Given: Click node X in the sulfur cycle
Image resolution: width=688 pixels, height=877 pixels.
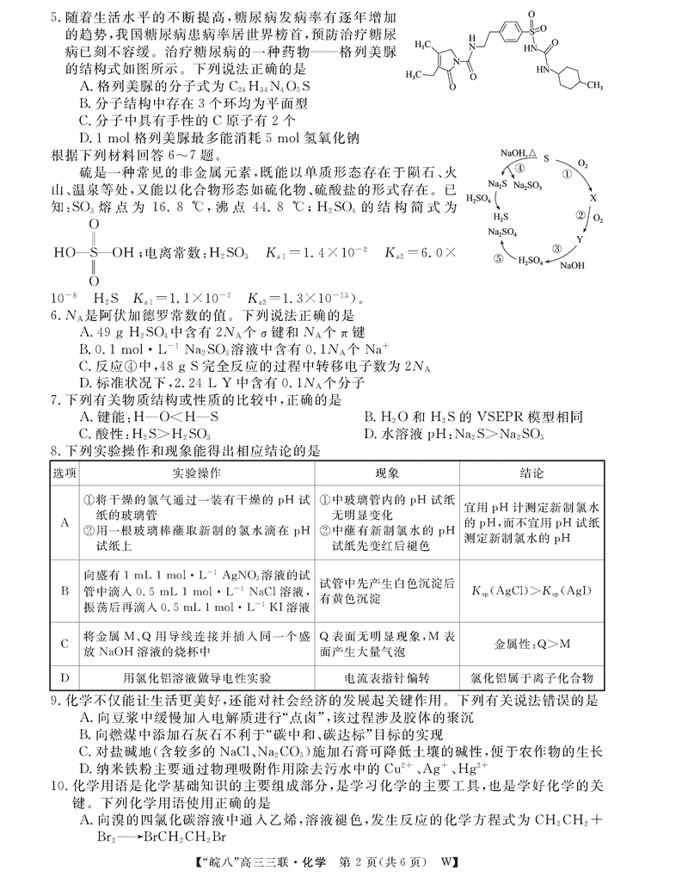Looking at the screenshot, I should click(593, 198).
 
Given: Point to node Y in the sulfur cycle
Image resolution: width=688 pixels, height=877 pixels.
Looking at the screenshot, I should click(580, 240).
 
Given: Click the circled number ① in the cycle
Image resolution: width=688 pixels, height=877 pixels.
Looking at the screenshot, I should click(566, 172).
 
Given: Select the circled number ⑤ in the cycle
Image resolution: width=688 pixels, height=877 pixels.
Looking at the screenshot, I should click(498, 257).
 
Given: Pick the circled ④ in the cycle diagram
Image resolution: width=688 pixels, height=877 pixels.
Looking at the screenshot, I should click(519, 170).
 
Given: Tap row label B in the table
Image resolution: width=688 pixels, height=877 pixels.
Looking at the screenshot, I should click(64, 590).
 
